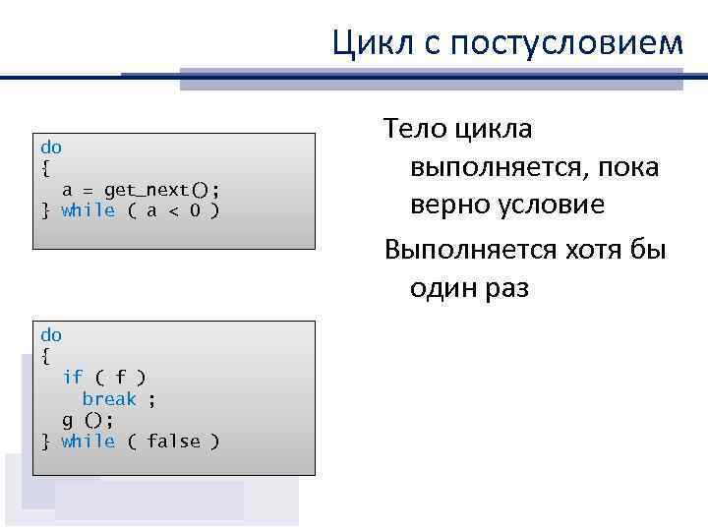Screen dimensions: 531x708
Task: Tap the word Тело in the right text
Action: (417, 129)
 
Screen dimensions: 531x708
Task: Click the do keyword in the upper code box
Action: (51, 147)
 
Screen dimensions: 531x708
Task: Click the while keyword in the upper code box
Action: (88, 210)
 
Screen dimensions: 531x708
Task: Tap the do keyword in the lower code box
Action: (51, 335)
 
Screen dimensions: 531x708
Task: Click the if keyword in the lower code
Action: (73, 377)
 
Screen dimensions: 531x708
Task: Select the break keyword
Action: (109, 398)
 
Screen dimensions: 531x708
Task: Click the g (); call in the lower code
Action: (88, 420)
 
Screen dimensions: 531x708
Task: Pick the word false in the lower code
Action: (173, 442)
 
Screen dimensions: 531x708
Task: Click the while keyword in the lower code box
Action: (88, 442)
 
